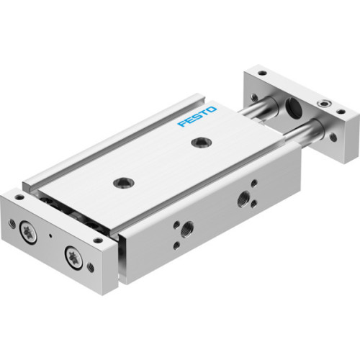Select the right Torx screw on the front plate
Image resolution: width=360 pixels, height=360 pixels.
pyautogui.click(x=72, y=255)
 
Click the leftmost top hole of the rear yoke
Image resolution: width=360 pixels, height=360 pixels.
pyautogui.click(x=261, y=73)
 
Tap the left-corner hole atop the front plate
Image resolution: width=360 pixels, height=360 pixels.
pyautogui.click(x=19, y=195)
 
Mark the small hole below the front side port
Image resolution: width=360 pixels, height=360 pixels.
pyautogui.click(x=176, y=246)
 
